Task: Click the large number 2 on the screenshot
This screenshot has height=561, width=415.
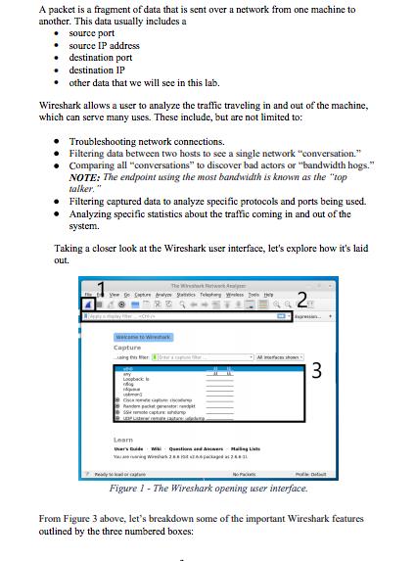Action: click(302, 300)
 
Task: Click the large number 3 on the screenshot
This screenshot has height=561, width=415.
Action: click(315, 372)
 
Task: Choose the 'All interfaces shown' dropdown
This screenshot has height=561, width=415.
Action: click(280, 356)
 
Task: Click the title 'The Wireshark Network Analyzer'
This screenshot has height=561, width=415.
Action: click(208, 283)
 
